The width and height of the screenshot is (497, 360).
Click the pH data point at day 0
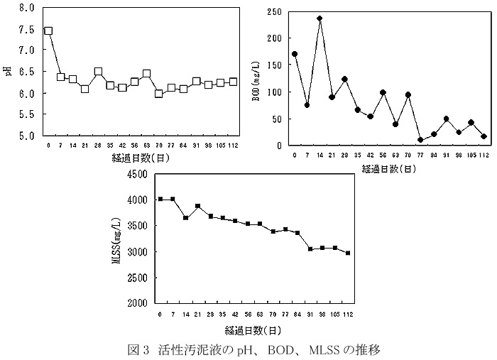[x=48, y=31]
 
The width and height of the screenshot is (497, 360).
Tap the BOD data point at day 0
[x=295, y=54]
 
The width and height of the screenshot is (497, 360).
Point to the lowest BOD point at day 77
[x=420, y=140]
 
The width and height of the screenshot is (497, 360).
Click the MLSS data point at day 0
[x=160, y=200]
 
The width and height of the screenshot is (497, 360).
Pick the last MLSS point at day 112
[x=347, y=253]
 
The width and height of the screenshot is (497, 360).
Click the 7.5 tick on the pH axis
[x=26, y=29]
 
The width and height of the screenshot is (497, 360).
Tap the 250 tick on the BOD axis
[x=274, y=12]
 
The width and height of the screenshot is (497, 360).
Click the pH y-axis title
[x=7, y=72]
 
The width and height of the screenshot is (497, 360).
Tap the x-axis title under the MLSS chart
[x=253, y=330]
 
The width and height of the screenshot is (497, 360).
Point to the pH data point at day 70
[x=159, y=93]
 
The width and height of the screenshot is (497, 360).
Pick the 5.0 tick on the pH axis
[x=26, y=136]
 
